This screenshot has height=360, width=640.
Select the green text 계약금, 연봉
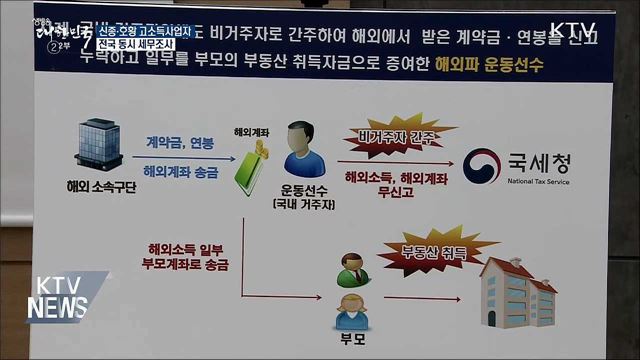pyautogui.click(x=172, y=142)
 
